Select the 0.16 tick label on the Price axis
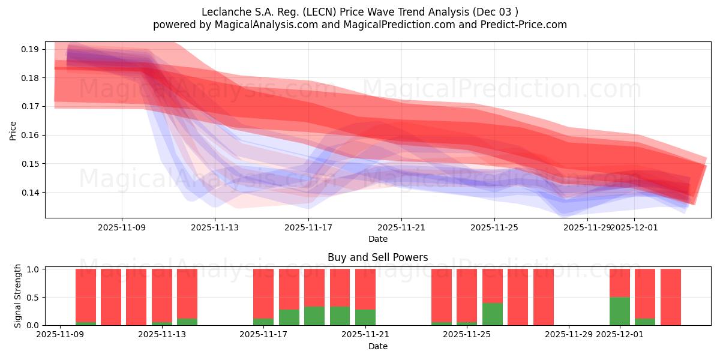click(29, 135)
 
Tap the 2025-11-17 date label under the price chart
click(308, 227)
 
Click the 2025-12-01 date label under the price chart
click(634, 227)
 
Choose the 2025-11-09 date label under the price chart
click(122, 227)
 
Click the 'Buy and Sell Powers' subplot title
click(377, 257)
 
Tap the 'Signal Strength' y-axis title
click(18, 296)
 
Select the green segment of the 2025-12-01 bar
click(620, 311)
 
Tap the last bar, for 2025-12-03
click(670, 297)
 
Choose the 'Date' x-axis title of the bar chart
click(377, 346)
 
